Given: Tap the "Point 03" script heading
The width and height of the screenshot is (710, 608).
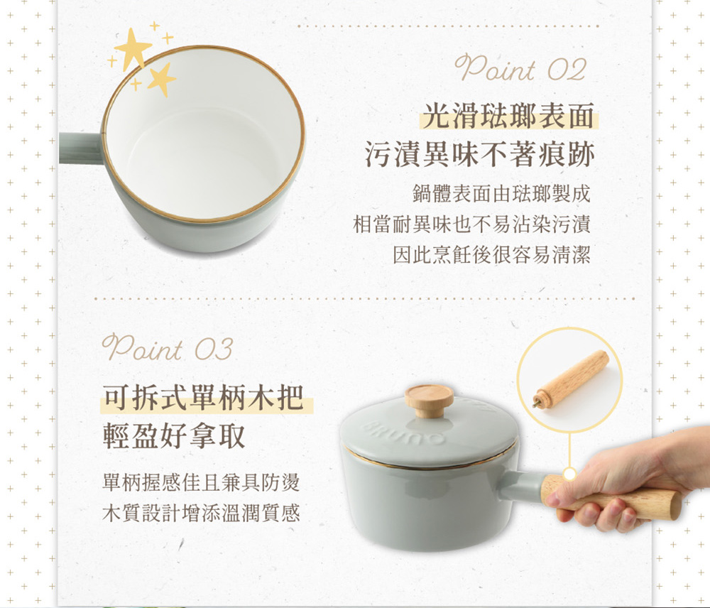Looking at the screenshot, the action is [168, 348].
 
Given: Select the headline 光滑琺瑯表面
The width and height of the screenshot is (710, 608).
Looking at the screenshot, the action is [508, 116].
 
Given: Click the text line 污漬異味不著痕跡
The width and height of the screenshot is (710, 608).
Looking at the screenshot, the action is [479, 154].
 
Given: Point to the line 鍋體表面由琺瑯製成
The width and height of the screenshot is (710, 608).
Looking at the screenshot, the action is [502, 193].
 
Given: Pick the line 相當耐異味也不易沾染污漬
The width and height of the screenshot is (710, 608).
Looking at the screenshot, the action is [472, 224].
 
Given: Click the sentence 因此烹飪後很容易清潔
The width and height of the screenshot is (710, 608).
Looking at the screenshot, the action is [492, 254].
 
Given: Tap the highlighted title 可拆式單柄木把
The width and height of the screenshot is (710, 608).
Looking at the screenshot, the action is [203, 397].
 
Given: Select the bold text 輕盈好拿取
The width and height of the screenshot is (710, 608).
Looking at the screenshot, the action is [175, 435].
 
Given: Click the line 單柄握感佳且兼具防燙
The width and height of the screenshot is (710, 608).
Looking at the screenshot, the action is [201, 482].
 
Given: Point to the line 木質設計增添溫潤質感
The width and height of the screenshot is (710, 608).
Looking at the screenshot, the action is [201, 512].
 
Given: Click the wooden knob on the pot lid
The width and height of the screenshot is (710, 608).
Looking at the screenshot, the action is [429, 400].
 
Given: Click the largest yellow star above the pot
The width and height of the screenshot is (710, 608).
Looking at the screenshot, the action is [132, 48].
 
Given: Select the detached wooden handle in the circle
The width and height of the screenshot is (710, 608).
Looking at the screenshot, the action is [572, 379].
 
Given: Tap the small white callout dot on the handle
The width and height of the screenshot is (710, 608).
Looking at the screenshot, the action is [569, 474].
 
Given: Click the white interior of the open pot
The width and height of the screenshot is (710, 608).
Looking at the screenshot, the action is [204, 145].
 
